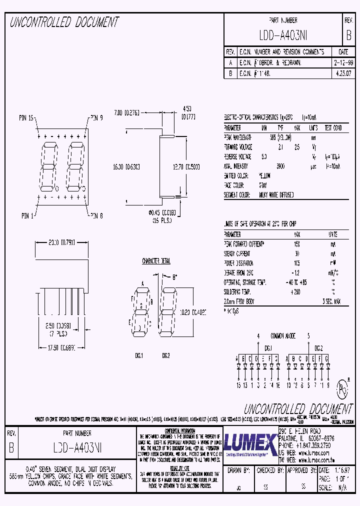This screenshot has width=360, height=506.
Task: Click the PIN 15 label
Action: [26, 118]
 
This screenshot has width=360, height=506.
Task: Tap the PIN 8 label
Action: [96, 215]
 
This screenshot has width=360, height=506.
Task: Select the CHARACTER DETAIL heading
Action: [156, 261]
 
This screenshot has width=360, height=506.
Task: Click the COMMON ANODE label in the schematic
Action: [283, 336]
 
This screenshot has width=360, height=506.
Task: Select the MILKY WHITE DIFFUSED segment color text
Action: [276, 194]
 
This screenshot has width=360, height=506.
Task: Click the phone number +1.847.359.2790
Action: [312, 444]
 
